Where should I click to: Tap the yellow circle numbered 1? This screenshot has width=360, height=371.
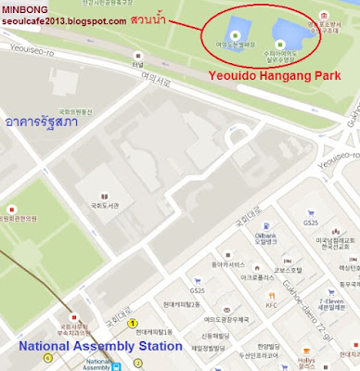coord(133,322)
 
